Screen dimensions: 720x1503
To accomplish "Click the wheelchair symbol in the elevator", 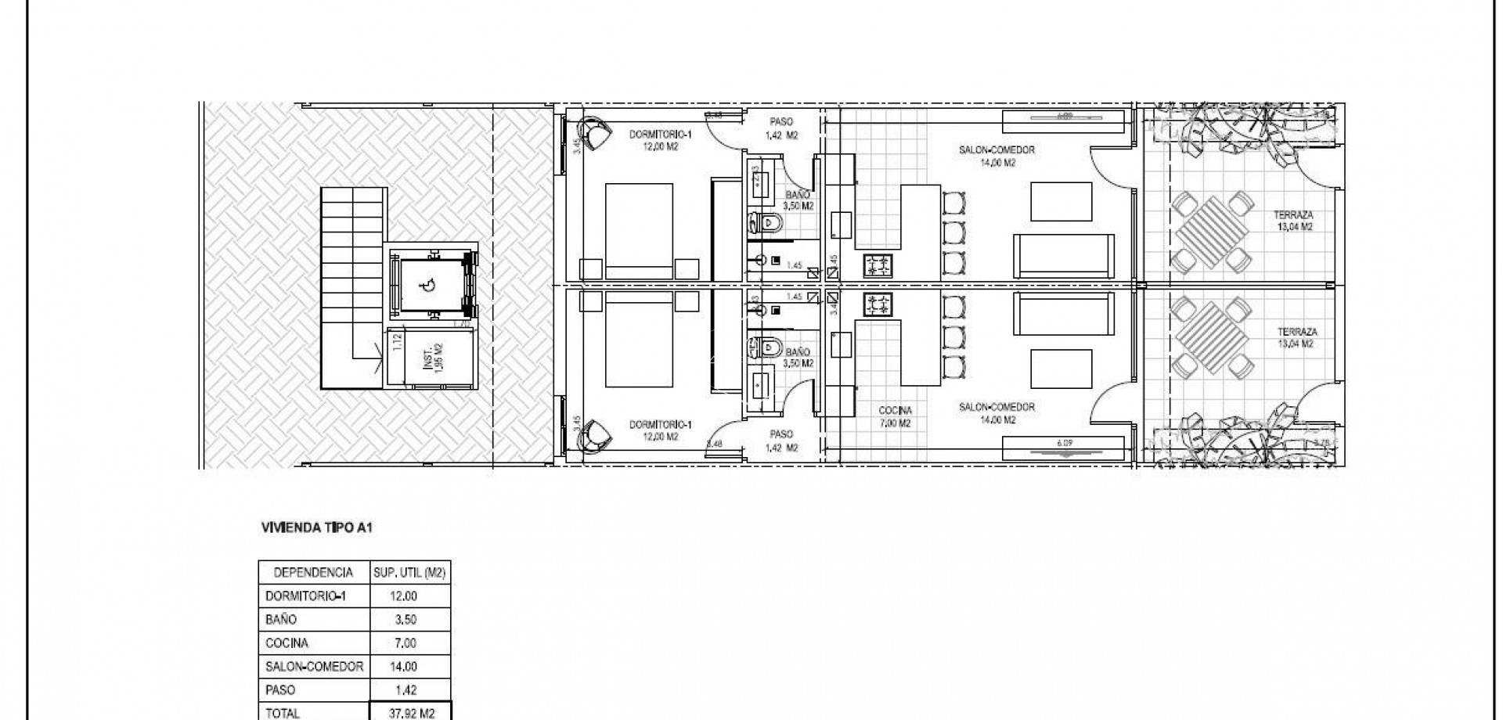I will coord(430,286).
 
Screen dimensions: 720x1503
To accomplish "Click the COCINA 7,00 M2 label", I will coord(895,416).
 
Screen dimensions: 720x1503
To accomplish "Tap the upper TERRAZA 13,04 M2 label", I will coord(1293,221).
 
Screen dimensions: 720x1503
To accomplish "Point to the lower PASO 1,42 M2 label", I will coord(781,441).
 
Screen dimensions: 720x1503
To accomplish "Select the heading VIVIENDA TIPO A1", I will coord(316,528).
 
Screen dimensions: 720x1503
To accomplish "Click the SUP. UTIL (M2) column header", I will coord(409,573).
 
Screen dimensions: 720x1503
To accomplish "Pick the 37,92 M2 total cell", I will coord(411,713).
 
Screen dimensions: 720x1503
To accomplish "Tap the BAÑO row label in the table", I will coord(281,620).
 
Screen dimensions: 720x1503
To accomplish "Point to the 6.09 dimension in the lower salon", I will coord(1064,443).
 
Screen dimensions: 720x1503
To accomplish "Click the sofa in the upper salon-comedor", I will coord(1064,255).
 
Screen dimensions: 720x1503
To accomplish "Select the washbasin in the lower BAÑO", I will coord(761,387).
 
